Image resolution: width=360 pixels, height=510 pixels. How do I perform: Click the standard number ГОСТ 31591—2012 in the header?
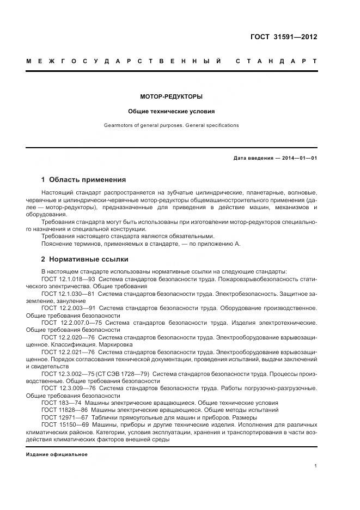(283, 37)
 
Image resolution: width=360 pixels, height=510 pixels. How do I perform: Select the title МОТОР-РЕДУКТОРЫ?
(171, 96)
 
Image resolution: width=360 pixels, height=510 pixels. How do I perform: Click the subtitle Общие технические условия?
(171, 111)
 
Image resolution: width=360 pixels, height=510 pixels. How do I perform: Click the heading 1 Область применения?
(83, 179)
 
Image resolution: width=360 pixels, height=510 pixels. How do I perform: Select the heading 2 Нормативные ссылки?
(84, 259)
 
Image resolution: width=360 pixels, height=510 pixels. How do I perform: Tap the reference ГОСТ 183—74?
(61, 402)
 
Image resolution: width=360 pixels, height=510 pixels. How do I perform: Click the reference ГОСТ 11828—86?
(64, 410)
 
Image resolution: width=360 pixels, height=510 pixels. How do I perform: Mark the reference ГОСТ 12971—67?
(64, 417)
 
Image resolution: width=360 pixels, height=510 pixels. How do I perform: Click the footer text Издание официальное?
(57, 454)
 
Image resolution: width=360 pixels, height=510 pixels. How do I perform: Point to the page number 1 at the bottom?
(316, 466)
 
